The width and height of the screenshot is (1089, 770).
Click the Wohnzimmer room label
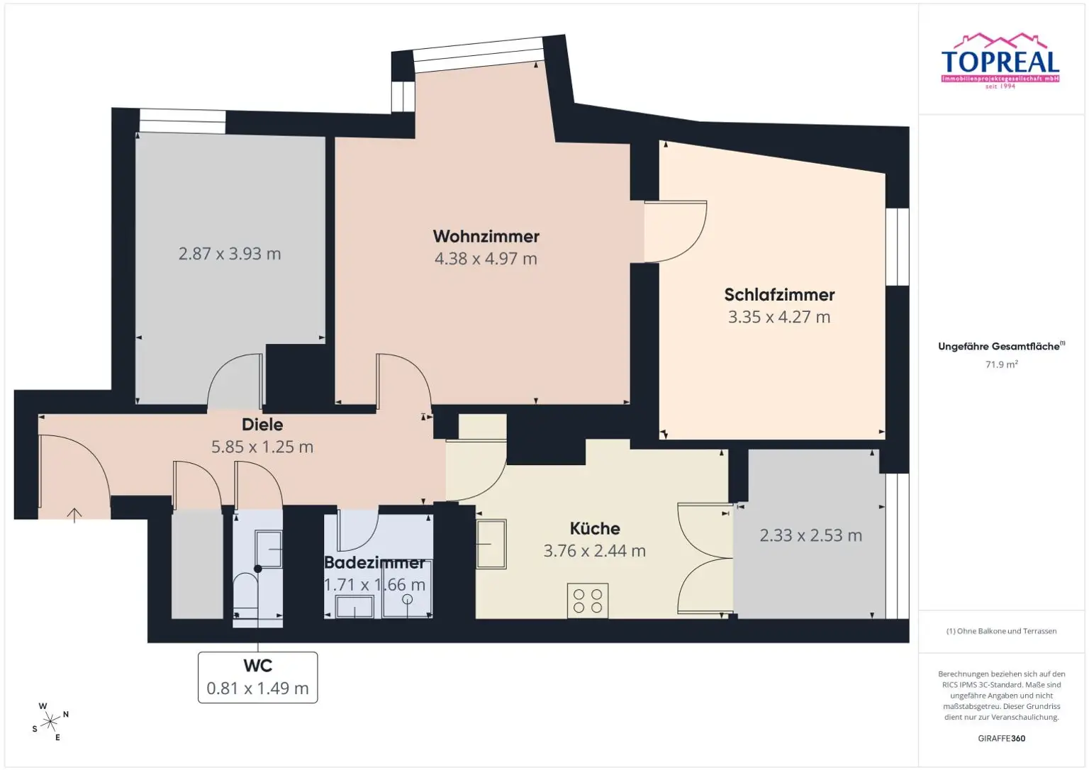486,236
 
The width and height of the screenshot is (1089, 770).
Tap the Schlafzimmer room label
779,294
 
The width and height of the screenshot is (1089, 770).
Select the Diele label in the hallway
262,425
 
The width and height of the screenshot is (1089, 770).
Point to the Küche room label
595,528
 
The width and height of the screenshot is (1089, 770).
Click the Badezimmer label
374,562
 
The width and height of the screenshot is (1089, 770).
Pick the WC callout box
257,677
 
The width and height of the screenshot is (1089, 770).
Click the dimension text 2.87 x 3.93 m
230,254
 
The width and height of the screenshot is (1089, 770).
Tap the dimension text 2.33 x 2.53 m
811,535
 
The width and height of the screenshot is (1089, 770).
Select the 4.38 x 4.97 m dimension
486,259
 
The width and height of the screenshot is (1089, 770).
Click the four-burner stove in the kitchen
588,601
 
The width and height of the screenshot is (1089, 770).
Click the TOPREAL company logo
1000,61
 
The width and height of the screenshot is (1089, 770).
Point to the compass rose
50,722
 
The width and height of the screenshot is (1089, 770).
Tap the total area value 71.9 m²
1002,364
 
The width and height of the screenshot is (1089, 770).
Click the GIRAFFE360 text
1002,738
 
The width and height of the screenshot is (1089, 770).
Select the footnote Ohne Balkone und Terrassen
1002,631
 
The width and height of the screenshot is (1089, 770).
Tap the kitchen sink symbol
491,544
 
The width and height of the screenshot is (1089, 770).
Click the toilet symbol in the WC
246,595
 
